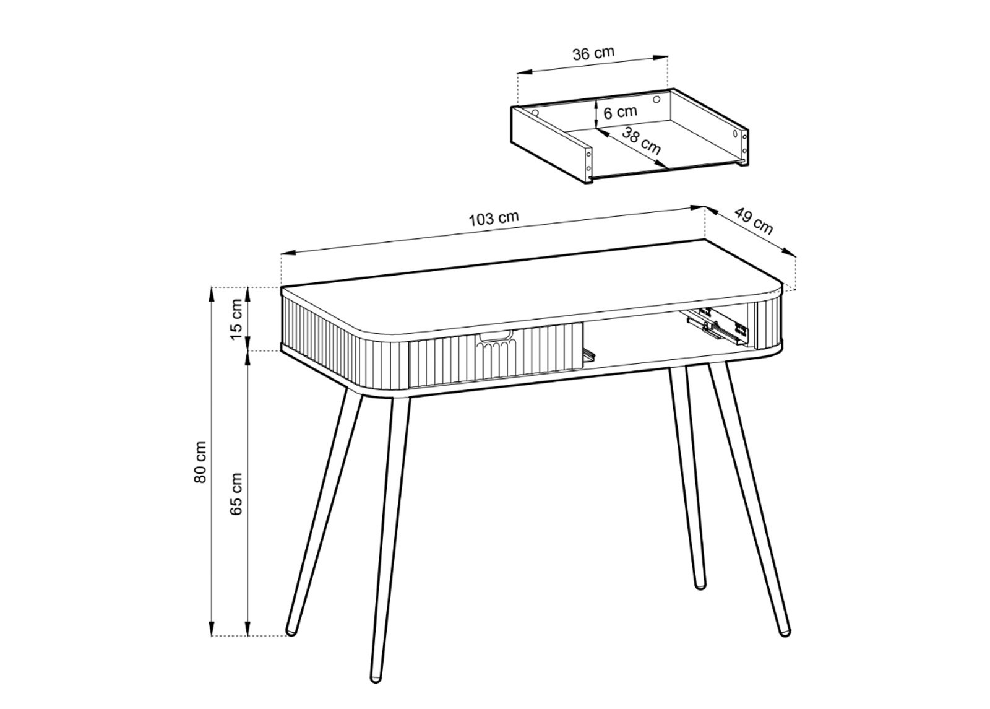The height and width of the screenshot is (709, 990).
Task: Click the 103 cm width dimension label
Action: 494,219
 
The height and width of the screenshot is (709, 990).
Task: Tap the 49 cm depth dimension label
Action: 754,220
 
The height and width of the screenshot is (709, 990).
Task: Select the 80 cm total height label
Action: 200,462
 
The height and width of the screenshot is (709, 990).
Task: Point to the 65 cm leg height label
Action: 236,494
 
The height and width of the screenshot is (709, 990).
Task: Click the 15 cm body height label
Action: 236,320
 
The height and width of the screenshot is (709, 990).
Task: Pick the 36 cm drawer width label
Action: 593,53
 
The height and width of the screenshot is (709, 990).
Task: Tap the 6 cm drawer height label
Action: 620,112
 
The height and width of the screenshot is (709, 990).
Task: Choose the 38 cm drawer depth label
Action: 641,141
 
